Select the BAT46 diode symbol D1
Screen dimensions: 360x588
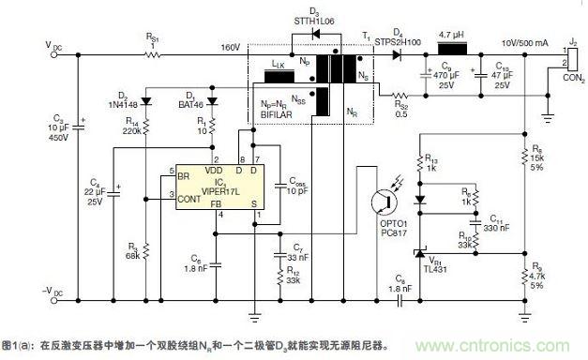[212, 101]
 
